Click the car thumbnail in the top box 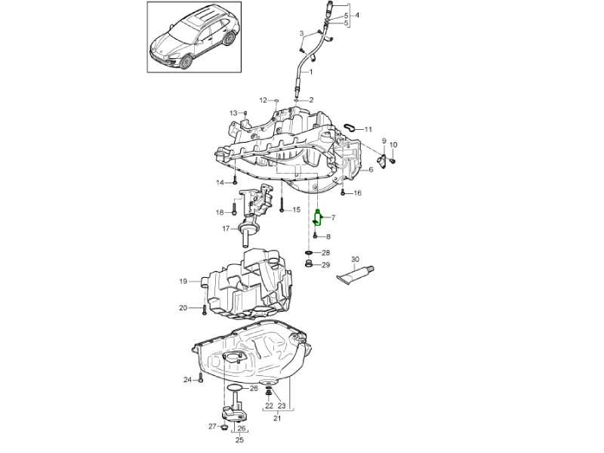click(x=193, y=37)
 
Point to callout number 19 click(x=183, y=282)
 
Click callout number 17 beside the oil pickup click(x=225, y=229)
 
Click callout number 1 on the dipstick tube click(x=310, y=72)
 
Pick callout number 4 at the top click(x=356, y=15)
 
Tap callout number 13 click(x=233, y=112)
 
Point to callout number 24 click(x=187, y=379)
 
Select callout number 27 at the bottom click(x=212, y=427)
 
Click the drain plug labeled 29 click(x=310, y=264)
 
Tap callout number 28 click(x=325, y=252)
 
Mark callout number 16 click(x=357, y=193)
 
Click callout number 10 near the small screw click(x=393, y=144)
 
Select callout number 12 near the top click(x=263, y=100)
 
